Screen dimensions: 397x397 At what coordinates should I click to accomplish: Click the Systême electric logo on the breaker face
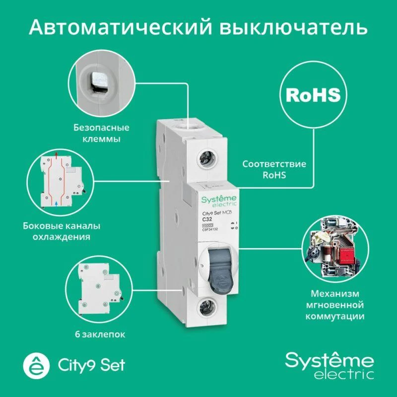point(219,200)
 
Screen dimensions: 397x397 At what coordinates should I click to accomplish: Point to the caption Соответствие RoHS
point(274,169)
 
